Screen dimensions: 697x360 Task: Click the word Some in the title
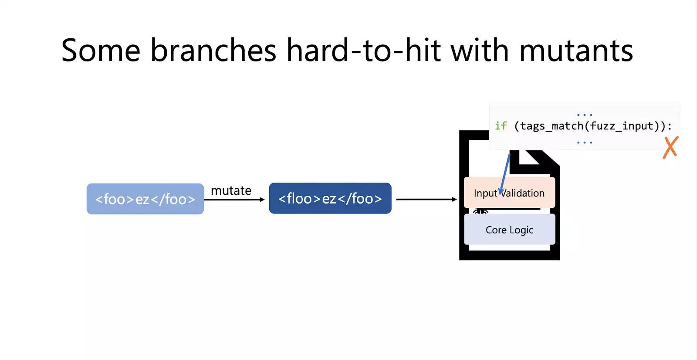101,50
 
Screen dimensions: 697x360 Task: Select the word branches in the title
213,50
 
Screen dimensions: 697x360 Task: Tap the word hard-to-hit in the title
363,50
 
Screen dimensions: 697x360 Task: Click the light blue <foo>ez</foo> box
145,199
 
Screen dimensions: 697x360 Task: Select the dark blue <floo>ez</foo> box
330,198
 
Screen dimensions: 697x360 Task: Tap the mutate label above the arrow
231,190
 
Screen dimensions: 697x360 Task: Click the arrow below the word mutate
234,199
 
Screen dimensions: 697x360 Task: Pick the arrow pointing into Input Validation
426,199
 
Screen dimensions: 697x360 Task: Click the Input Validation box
509,193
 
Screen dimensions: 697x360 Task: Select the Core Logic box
509,230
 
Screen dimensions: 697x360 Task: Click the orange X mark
670,148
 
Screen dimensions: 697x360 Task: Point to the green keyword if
501,126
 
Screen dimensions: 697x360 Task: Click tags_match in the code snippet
552,126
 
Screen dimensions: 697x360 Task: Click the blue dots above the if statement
585,115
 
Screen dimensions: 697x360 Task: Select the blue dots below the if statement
585,143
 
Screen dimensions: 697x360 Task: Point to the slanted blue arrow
504,174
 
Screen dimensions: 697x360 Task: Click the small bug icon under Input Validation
480,211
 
